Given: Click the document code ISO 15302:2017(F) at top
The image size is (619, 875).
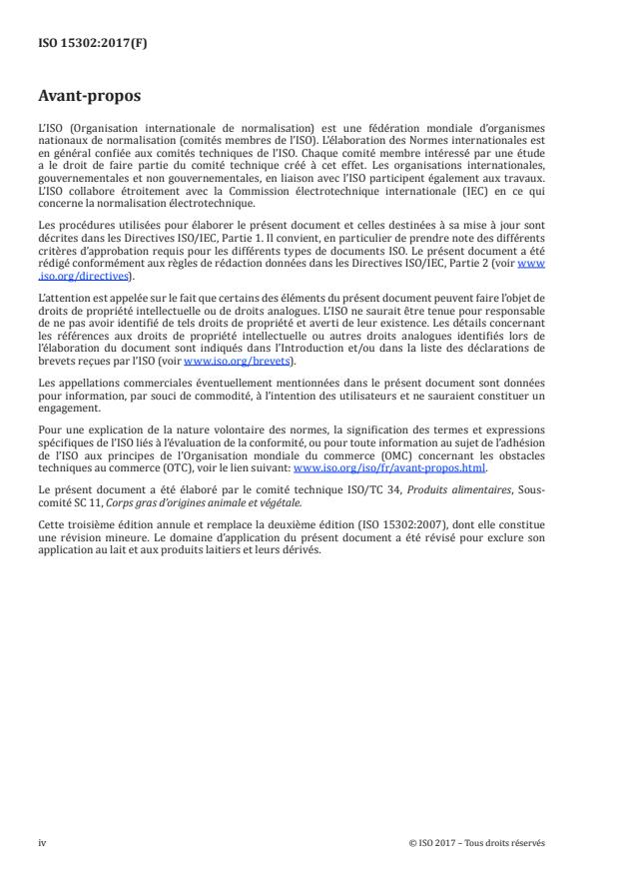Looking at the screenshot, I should click(82, 44).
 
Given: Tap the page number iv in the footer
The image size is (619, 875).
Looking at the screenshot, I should click(42, 842).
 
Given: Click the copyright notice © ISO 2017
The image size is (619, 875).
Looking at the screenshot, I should click(477, 842).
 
